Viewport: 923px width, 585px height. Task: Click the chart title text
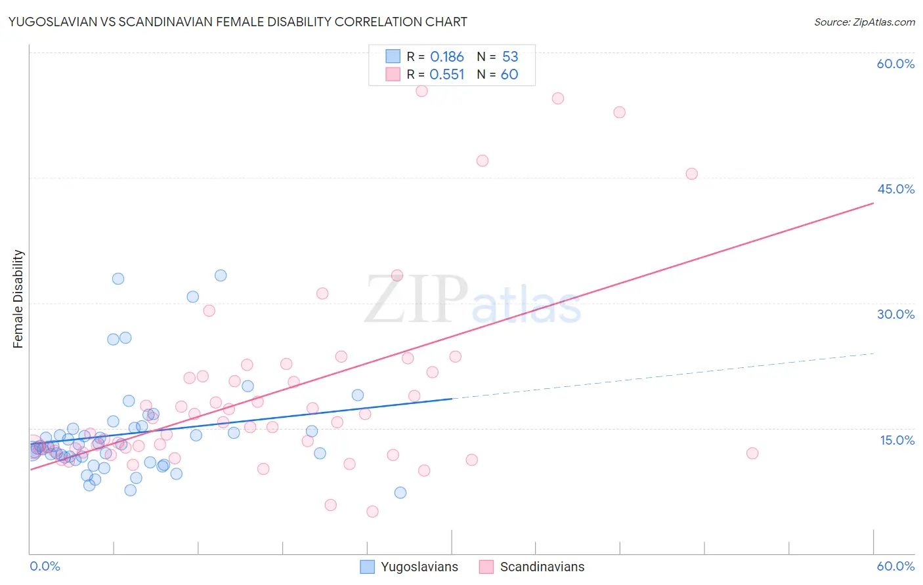pos(238,22)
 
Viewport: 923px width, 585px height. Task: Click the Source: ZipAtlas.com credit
pos(864,22)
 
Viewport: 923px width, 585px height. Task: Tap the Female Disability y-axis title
pos(18,299)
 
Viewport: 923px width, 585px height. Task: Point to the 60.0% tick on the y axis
pos(895,64)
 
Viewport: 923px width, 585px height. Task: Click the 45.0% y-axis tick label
pos(895,189)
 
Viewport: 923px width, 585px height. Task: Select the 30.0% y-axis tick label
pos(895,314)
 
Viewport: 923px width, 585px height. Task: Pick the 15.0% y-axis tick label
pos(897,440)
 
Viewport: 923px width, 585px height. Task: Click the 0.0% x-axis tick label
pos(45,566)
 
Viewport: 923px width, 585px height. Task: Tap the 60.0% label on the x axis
pos(895,566)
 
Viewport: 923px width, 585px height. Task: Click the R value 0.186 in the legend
pos(447,57)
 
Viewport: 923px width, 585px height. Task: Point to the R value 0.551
pos(447,75)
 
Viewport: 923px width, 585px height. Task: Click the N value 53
pos(510,57)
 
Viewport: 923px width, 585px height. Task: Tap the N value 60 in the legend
pos(509,75)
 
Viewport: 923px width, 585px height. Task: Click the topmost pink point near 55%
pos(421,91)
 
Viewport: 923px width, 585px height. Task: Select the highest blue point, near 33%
pos(221,275)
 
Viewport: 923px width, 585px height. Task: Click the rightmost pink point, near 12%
pos(752,453)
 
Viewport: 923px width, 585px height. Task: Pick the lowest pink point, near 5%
pos(372,512)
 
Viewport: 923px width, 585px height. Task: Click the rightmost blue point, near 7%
pos(400,493)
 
